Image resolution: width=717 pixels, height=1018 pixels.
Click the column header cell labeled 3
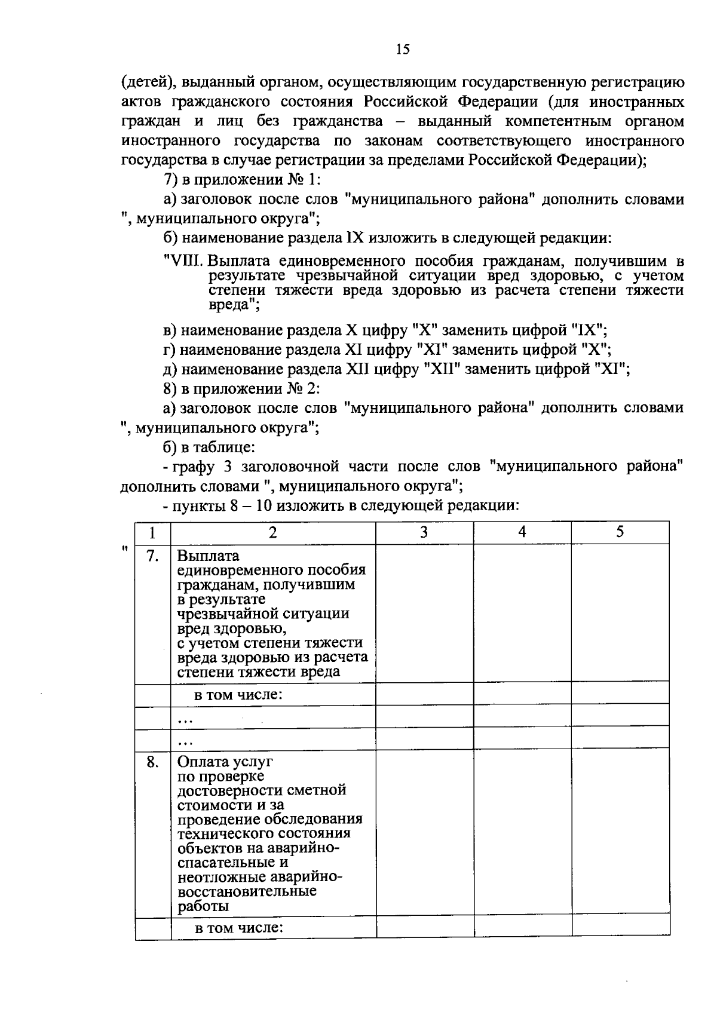pos(424,532)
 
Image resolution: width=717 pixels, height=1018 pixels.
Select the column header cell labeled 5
pos(620,532)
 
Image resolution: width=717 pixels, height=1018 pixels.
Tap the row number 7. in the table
pos(152,556)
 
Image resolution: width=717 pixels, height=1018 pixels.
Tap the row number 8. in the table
pos(152,762)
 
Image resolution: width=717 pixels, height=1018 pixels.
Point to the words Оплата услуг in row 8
pos(225,762)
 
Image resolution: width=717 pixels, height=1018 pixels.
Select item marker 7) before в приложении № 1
pos(171,180)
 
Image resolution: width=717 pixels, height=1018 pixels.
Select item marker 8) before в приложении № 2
pos(171,389)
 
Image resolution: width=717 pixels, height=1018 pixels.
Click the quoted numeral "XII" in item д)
pos(441,369)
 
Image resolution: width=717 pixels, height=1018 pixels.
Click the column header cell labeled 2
pos(272,532)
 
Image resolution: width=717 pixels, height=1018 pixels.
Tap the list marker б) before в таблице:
pos(171,447)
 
